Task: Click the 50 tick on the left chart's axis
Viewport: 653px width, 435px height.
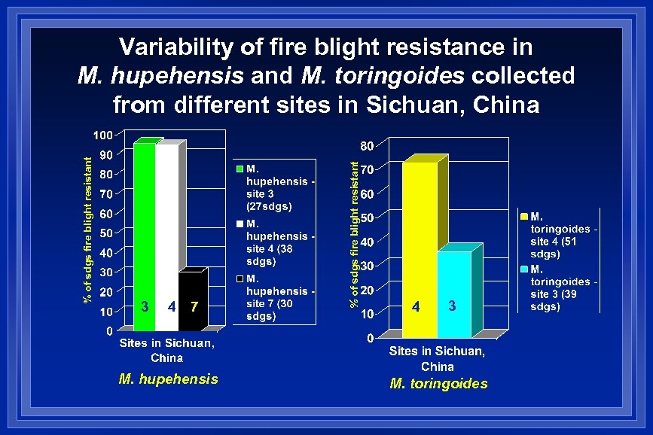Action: (106, 233)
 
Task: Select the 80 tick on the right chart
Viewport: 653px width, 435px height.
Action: (366, 144)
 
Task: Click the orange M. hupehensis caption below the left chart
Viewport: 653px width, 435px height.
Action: (169, 379)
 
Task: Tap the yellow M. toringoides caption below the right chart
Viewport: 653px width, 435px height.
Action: (438, 384)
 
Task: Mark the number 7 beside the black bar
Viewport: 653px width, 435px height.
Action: (194, 306)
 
